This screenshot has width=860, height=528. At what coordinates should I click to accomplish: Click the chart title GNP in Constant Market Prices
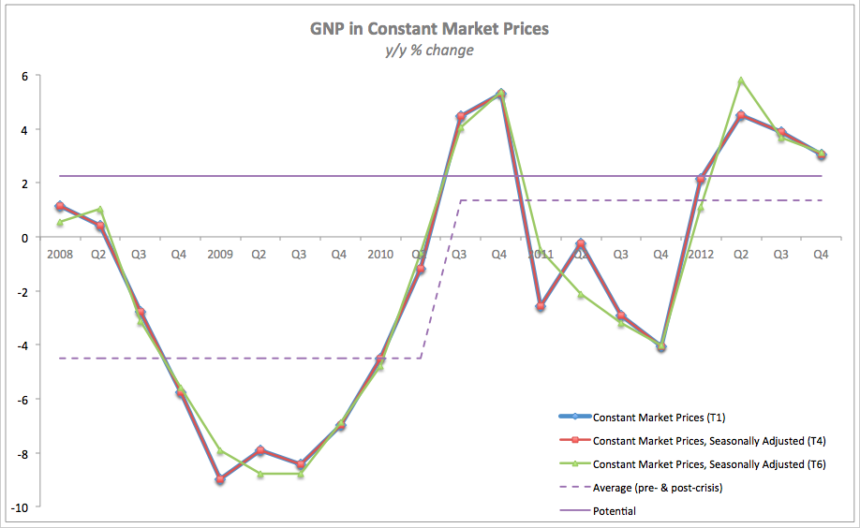(x=429, y=29)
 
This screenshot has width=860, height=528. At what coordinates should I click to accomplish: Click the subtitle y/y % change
(x=429, y=51)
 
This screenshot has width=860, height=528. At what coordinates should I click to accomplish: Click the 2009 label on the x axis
(x=220, y=254)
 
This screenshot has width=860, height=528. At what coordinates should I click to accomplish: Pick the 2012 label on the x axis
(x=702, y=254)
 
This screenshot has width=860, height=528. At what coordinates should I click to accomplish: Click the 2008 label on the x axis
(x=59, y=254)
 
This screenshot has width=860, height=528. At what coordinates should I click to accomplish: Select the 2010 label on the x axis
(x=380, y=254)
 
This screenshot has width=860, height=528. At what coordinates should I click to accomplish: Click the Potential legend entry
(x=615, y=511)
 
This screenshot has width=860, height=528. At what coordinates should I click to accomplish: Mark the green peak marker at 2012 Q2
(x=741, y=81)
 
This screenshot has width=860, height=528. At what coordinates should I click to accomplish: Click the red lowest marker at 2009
(x=220, y=479)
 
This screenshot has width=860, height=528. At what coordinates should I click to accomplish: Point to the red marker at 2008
(x=60, y=206)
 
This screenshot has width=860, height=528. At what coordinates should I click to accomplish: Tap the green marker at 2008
(x=60, y=223)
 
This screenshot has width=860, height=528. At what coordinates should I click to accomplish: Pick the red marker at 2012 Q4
(x=821, y=154)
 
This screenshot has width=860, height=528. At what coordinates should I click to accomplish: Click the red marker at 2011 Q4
(x=661, y=346)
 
